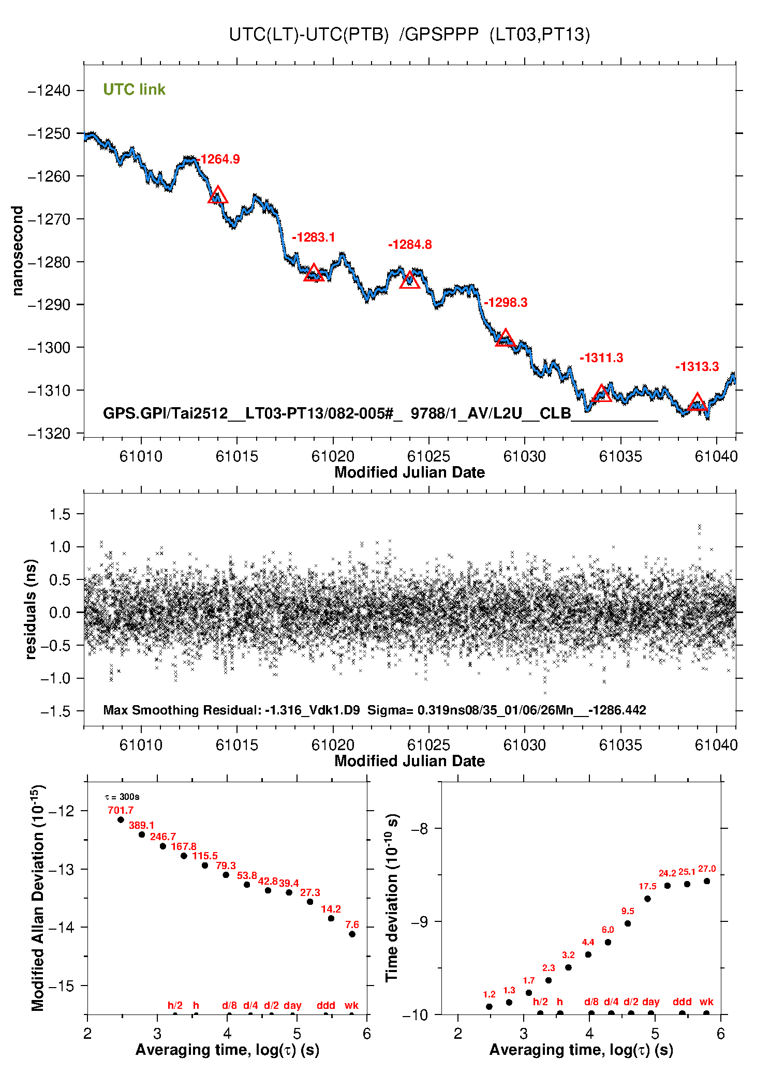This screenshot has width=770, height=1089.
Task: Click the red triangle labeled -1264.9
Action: click(218, 196)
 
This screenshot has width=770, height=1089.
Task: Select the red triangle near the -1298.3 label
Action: click(505, 338)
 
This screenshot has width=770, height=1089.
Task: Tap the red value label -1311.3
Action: click(601, 358)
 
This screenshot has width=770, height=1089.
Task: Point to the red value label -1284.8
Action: click(410, 245)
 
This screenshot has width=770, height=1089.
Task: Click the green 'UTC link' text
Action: click(134, 89)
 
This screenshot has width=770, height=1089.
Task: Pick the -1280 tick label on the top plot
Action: click(49, 262)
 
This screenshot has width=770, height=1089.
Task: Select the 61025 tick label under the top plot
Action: click(428, 456)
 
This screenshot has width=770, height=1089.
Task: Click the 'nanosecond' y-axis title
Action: click(18, 251)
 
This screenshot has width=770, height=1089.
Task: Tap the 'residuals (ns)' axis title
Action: click(31, 609)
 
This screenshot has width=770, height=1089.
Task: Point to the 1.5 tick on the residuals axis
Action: click(60, 514)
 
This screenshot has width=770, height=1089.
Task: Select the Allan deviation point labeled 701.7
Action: click(121, 819)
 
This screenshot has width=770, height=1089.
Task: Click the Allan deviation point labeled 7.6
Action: click(352, 934)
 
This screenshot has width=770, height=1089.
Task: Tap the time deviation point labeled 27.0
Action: click(707, 881)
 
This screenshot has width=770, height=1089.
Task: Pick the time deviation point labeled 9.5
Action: click(628, 923)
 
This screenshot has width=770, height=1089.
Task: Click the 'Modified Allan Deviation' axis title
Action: click(37, 898)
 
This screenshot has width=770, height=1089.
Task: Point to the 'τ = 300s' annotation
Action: click(122, 797)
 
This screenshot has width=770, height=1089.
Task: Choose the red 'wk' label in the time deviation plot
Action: click(706, 1002)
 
